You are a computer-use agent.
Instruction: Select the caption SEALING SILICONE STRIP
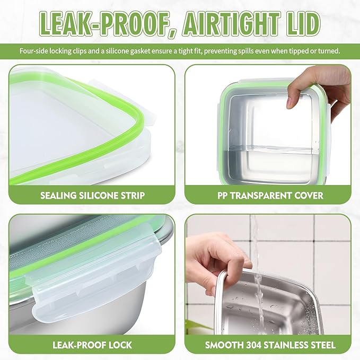click(x=92, y=196)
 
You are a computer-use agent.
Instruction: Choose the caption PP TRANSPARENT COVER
click(x=270, y=196)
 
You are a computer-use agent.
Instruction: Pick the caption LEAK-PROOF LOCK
click(x=92, y=345)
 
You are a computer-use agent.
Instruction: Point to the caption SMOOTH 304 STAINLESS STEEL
click(x=270, y=345)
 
